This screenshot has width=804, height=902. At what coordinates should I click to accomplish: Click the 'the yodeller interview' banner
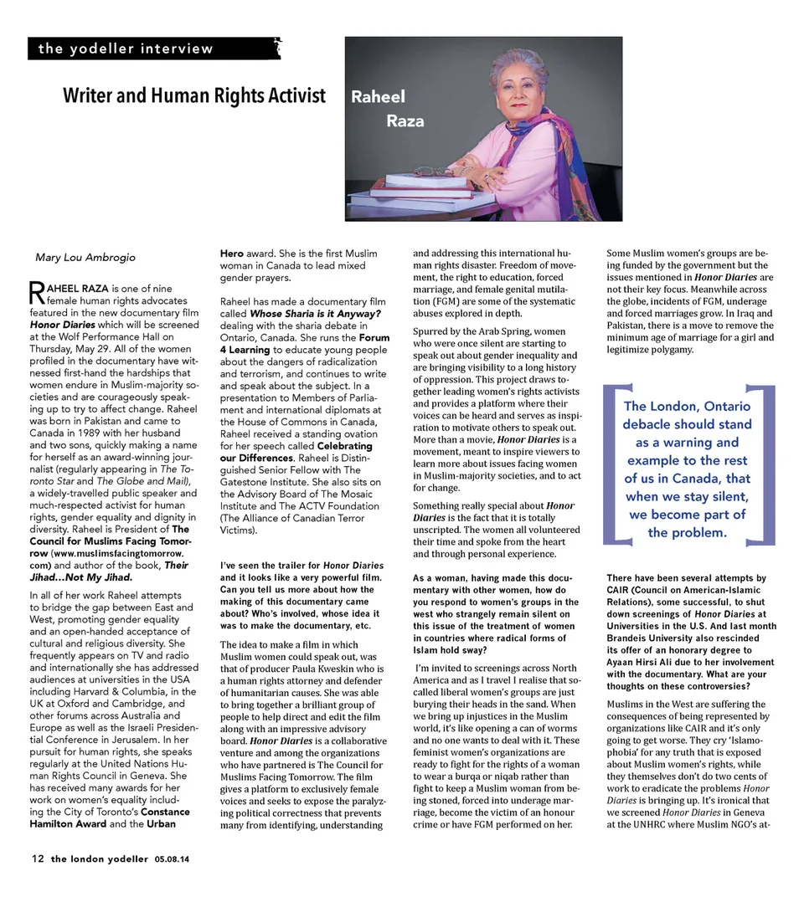pyautogui.click(x=126, y=49)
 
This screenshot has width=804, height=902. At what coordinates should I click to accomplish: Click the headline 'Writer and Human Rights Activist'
pyautogui.click(x=194, y=96)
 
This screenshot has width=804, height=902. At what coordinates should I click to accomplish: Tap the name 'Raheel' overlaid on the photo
pyautogui.click(x=377, y=97)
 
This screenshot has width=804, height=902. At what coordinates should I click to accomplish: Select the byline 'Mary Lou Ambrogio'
pyautogui.click(x=85, y=257)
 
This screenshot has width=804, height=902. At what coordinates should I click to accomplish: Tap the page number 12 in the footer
pyautogui.click(x=38, y=858)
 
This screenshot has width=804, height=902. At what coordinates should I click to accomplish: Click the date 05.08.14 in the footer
pyautogui.click(x=172, y=859)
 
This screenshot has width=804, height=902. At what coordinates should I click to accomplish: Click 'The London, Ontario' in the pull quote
pyautogui.click(x=687, y=406)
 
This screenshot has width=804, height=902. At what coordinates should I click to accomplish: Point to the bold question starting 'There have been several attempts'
pyautogui.click(x=687, y=632)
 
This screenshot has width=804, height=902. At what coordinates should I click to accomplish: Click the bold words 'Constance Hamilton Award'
pyautogui.click(x=126, y=817)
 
